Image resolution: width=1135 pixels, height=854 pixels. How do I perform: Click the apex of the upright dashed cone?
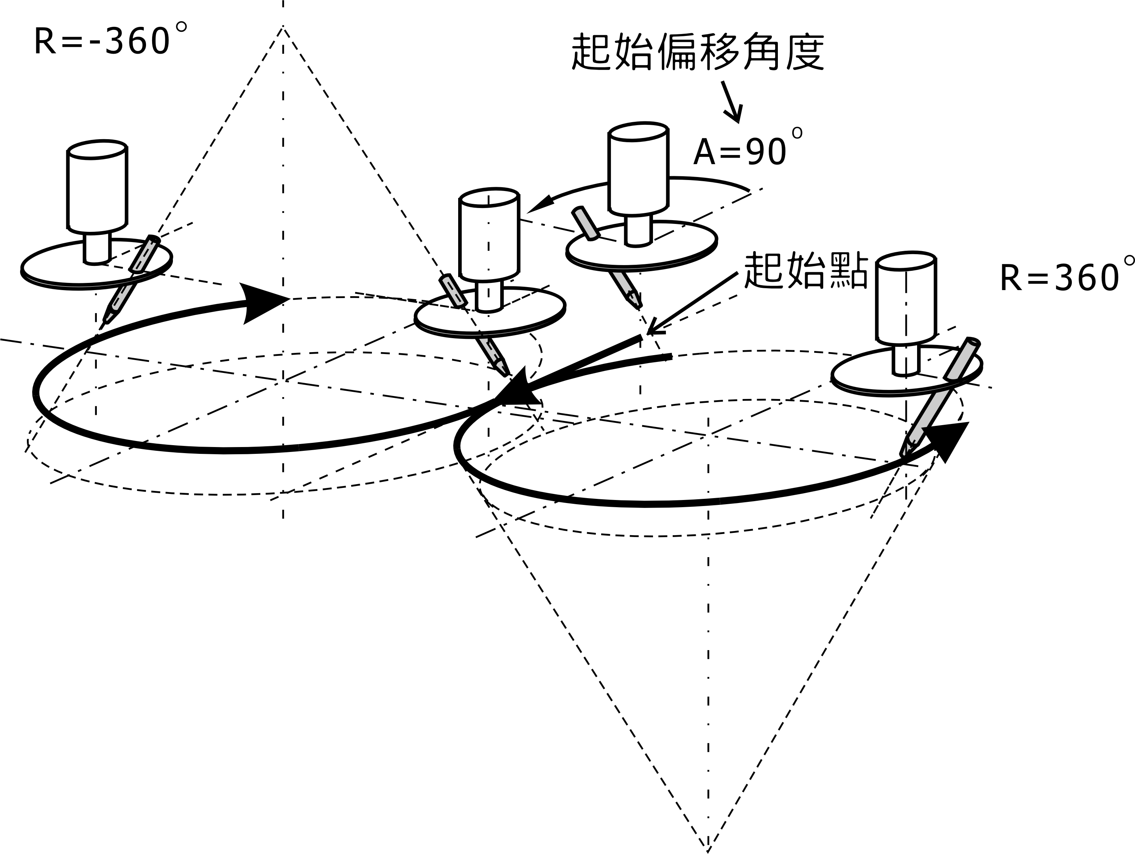tap(283, 27)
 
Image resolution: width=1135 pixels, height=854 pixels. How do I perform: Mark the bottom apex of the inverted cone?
tap(707, 849)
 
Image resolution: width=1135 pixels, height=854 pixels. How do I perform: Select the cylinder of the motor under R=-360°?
tap(97, 187)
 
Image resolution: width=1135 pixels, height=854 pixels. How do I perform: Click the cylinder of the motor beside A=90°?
tap(638, 169)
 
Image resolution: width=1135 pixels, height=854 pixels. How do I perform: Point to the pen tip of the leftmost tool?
tap(106, 320)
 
